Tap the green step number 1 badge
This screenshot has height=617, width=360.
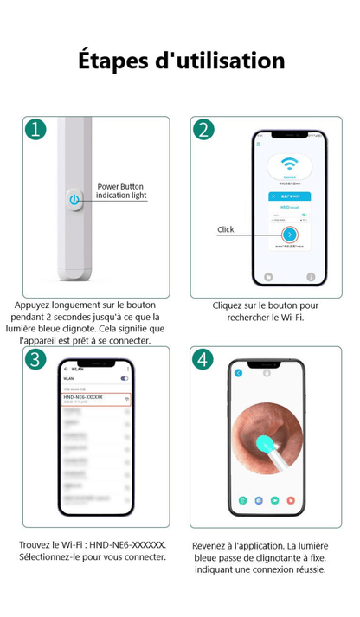coord(35,130)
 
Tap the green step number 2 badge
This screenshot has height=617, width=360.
coord(202,130)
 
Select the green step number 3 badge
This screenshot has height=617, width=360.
coord(35,359)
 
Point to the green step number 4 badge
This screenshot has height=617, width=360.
coord(202,359)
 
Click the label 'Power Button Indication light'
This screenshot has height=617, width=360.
coord(120,191)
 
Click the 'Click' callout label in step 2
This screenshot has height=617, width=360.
coord(226,229)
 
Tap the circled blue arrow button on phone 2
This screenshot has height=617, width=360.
coord(290,235)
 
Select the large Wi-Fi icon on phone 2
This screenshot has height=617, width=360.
coord(290,164)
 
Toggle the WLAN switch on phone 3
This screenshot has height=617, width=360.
coord(124,379)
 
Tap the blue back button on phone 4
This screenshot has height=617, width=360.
coord(239,373)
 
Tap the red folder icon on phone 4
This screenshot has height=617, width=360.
coord(291,499)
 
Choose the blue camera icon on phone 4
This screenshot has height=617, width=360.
coord(258,499)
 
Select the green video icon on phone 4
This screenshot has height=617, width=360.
coord(274,499)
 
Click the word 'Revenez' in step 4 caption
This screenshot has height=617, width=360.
coord(214,545)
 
